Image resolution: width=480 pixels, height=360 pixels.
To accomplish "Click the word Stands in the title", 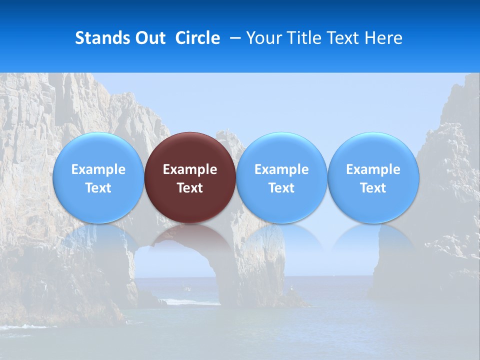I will pyautogui.click(x=101, y=38).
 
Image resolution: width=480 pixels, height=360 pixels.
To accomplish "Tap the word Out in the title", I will pyautogui.click(x=149, y=38).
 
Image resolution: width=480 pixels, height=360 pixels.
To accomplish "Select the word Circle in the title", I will pyautogui.click(x=197, y=38).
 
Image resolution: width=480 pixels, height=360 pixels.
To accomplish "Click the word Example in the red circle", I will pyautogui.click(x=190, y=169).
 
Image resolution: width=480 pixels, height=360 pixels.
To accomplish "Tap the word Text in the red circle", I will pyautogui.click(x=190, y=188).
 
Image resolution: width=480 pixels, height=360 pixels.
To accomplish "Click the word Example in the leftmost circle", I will pyautogui.click(x=98, y=169).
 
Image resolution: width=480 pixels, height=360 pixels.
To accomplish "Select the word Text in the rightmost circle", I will pyautogui.click(x=373, y=188).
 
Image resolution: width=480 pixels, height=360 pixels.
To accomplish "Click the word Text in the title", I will pyautogui.click(x=343, y=38).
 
